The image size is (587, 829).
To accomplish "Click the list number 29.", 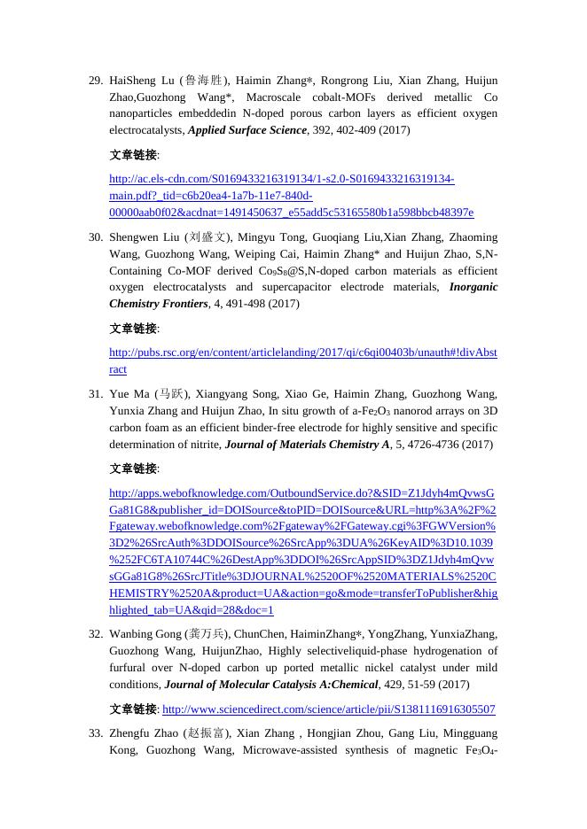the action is pyautogui.click(x=96, y=81).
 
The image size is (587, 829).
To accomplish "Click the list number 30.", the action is pyautogui.click(x=96, y=237).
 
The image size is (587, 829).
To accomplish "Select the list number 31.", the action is pyautogui.click(x=96, y=394).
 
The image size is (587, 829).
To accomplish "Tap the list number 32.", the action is pyautogui.click(x=96, y=634).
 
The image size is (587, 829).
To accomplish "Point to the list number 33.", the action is pyautogui.click(x=96, y=733).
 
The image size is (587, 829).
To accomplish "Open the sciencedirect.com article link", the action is pyautogui.click(x=329, y=709).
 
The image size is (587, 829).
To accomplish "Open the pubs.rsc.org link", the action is pyautogui.click(x=302, y=353).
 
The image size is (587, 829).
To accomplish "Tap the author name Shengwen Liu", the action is pyautogui.click(x=145, y=237).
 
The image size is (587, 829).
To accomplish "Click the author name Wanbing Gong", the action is pyautogui.click(x=145, y=634).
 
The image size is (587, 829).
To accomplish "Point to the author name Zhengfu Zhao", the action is pyautogui.click(x=145, y=733).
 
